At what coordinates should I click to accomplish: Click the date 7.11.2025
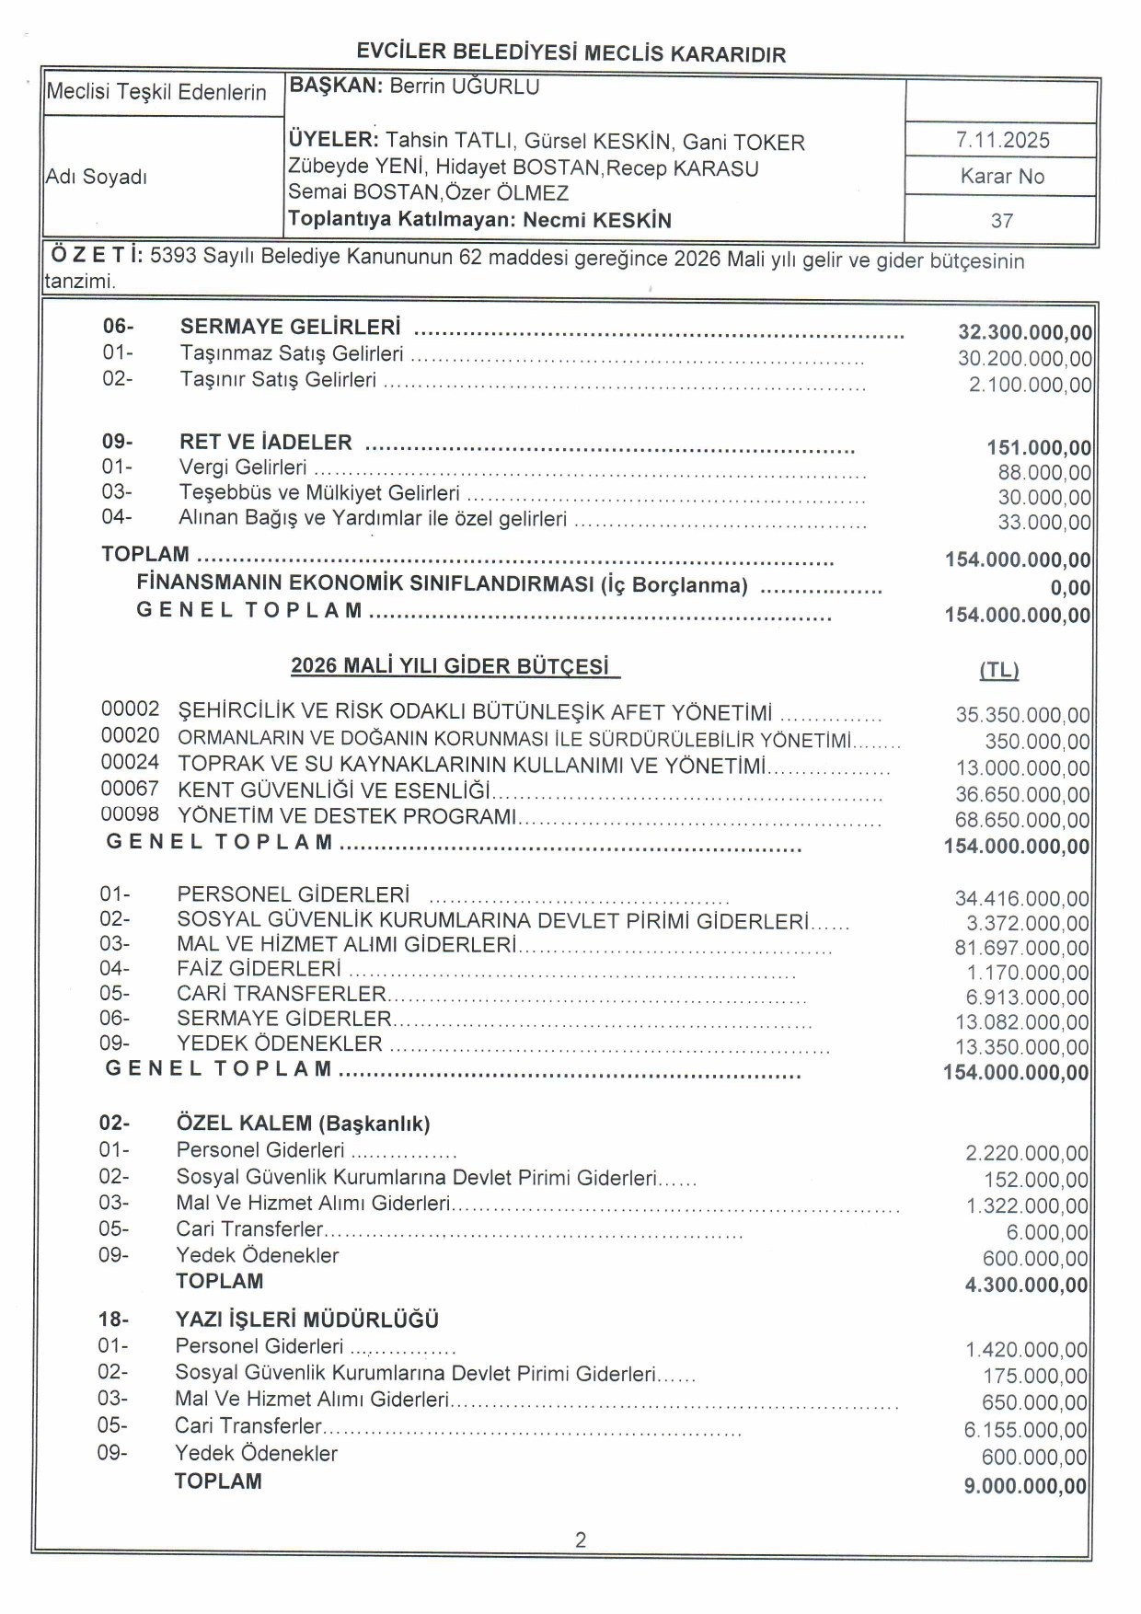pos(1002,140)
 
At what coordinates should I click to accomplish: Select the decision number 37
pos(1002,221)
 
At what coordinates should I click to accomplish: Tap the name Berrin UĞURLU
pos(465,86)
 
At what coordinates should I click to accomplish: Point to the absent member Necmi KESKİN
pos(597,220)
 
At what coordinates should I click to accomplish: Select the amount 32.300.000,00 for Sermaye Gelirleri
pos(1024,333)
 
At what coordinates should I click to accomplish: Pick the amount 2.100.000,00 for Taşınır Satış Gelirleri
pos(1030,385)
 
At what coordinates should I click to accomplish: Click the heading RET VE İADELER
pos(265,442)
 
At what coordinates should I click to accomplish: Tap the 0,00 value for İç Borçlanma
pos(1070,588)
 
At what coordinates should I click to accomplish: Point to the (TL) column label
pos(998,671)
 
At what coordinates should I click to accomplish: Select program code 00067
pos(130,790)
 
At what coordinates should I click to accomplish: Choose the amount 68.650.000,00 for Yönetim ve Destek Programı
pos(1021,820)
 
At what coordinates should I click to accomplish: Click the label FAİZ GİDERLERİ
pos(259,969)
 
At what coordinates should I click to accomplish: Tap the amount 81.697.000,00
pos(1021,948)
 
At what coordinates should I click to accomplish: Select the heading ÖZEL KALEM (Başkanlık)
pos(303,1124)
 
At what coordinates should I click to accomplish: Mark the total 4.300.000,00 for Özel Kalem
pos(1026,1285)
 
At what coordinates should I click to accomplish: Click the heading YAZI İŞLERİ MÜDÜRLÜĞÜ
pos(306,1320)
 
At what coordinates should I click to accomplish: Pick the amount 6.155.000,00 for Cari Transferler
pos(1025,1430)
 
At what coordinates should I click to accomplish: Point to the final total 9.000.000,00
pos(1025,1486)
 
